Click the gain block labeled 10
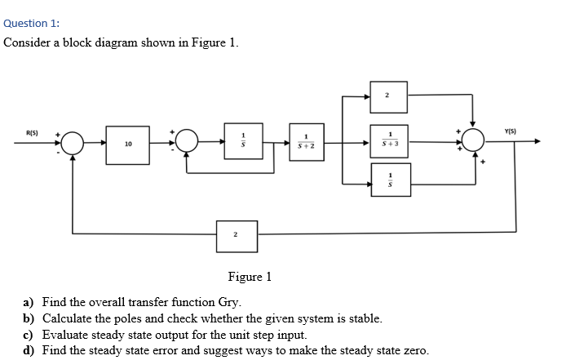tap(128, 144)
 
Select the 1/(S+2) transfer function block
tap(306, 141)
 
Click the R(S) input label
tap(32, 131)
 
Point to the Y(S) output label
tap(511, 131)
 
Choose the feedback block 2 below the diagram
tap(236, 235)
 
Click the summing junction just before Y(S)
tap(474, 142)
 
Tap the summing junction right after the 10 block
tap(187, 142)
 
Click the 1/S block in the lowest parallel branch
tap(390, 179)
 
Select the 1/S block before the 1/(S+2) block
tap(242, 140)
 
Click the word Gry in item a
tap(228, 302)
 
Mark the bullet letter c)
tap(29, 335)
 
